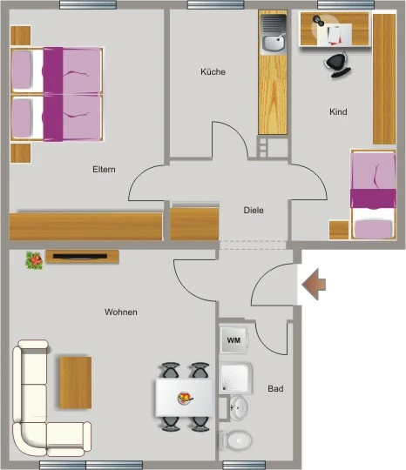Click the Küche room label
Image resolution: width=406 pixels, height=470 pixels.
[x=213, y=72]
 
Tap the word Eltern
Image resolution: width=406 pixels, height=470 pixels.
[x=104, y=170]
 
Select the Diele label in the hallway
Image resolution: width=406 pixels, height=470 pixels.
[x=254, y=210]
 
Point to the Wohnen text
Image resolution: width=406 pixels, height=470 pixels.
[x=121, y=312]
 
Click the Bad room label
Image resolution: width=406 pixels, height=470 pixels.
[x=275, y=389]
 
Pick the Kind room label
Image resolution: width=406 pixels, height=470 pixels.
[x=338, y=111]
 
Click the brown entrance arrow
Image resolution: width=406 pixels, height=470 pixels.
[x=314, y=284]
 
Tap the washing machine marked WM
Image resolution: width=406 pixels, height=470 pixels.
[x=233, y=340]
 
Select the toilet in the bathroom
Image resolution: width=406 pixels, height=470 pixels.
[x=235, y=440]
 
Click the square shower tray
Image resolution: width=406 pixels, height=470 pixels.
[x=235, y=378]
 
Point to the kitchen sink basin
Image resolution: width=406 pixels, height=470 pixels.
[x=273, y=44]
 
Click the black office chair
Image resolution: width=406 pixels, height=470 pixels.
[x=337, y=64]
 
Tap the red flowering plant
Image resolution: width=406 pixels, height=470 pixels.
[x=34, y=260]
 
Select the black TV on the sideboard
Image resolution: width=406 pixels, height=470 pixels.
[x=80, y=256]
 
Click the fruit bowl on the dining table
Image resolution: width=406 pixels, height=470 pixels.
[x=186, y=398]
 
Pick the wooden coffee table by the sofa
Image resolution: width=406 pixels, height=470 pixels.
[x=75, y=382]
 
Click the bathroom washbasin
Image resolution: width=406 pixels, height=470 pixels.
[x=239, y=408]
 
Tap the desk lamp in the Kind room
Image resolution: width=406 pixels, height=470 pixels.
[x=318, y=21]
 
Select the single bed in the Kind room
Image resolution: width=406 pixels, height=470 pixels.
[x=373, y=195]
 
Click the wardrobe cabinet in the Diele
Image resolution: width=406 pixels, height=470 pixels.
[x=194, y=224]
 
